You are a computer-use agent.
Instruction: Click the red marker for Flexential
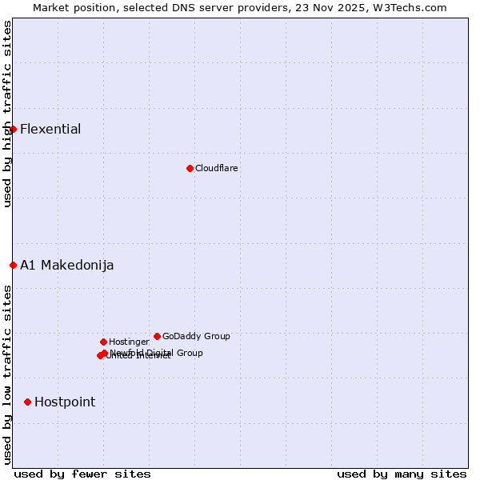[x=13, y=129]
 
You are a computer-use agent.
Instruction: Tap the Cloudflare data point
[x=190, y=168]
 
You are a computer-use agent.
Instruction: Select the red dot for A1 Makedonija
[x=13, y=265]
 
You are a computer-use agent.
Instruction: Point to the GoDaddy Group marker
[x=157, y=336]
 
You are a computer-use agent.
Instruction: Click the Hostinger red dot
[x=103, y=342]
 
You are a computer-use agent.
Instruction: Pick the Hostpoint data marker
[x=27, y=402]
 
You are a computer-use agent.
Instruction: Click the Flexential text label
[x=50, y=130]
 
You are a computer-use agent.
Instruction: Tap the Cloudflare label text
[x=217, y=168]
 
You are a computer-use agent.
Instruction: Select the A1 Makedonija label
[x=67, y=266]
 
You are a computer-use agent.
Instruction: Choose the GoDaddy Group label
[x=196, y=336]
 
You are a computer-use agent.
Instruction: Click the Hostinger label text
[x=129, y=342]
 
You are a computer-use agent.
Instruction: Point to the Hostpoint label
[x=65, y=402]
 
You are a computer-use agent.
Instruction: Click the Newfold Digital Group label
[x=157, y=353]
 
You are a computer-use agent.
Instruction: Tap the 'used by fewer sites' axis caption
[x=82, y=474]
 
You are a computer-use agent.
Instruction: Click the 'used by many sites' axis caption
[x=402, y=474]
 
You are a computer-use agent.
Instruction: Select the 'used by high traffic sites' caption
[x=7, y=114]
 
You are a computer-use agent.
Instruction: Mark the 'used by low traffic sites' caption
[x=7, y=374]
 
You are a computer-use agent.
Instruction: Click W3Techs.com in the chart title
[x=406, y=8]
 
